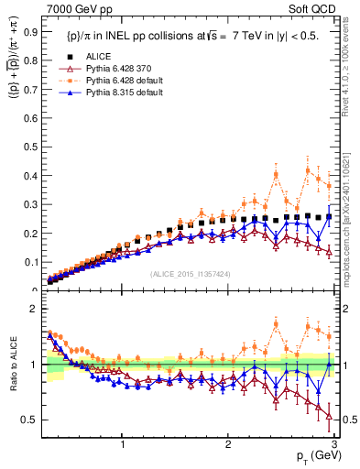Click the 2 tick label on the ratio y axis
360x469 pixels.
click(x=35, y=309)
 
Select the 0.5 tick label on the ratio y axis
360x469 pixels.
click(x=31, y=420)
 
